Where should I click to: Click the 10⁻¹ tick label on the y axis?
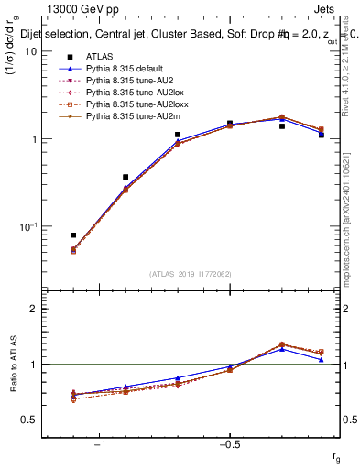29,226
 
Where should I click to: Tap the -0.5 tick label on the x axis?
229,446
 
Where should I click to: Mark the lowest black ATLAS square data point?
73,235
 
